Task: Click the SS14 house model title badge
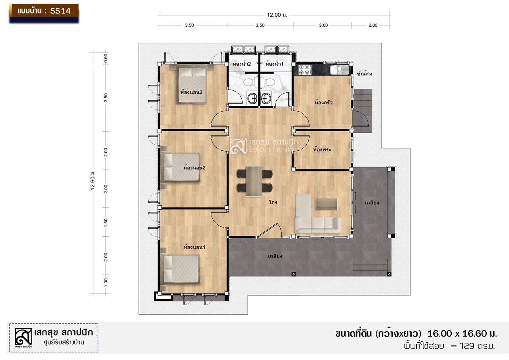click(x=44, y=13)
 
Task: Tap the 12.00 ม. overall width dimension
click(x=277, y=15)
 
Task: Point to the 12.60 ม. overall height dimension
click(x=93, y=180)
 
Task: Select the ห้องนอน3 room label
click(x=191, y=92)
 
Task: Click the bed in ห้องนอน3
click(x=192, y=85)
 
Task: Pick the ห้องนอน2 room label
click(x=194, y=168)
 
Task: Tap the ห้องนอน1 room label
click(x=194, y=247)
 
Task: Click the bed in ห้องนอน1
click(x=181, y=269)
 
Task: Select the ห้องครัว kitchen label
click(x=323, y=103)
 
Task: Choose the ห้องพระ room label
click(x=322, y=150)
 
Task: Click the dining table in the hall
click(x=254, y=181)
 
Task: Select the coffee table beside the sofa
click(x=326, y=204)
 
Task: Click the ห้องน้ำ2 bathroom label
click(x=241, y=64)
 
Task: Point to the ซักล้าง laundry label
click(x=364, y=74)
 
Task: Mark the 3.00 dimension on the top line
click(x=323, y=25)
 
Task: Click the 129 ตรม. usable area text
click(x=478, y=346)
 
